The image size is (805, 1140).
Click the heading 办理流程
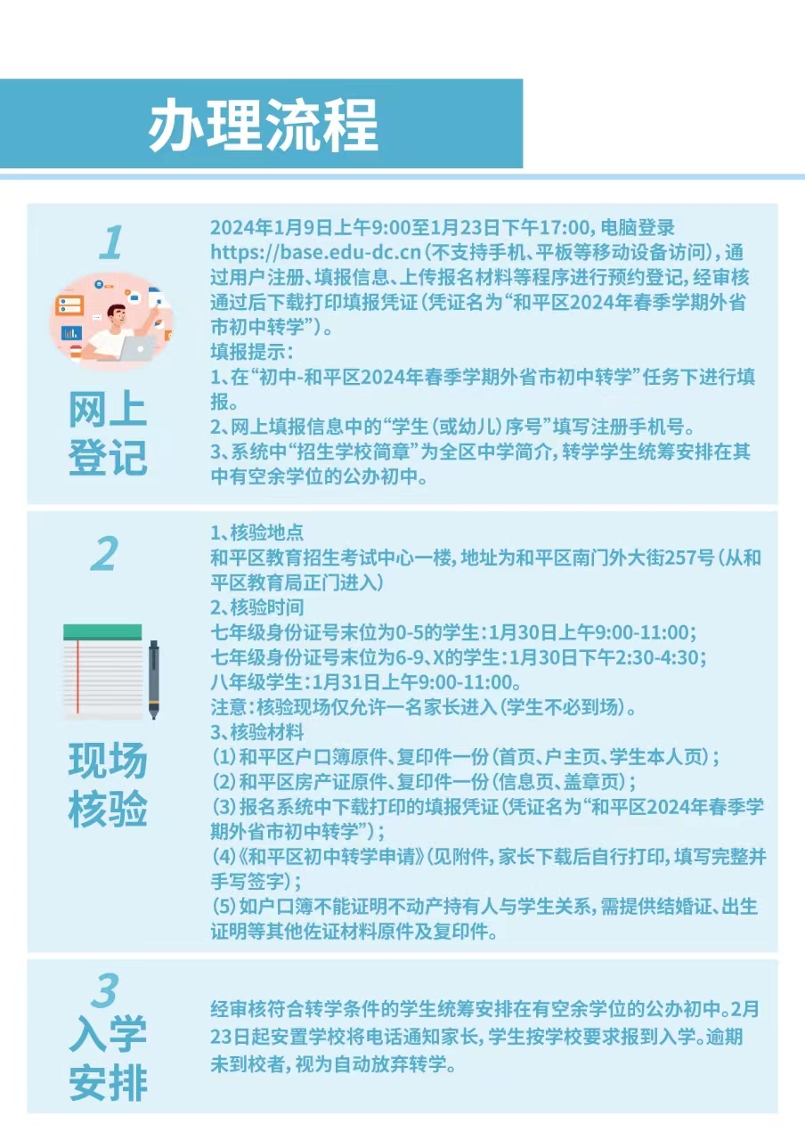263,126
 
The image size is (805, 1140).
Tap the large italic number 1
111,242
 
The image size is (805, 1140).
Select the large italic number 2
104,553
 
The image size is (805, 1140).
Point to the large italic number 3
105,989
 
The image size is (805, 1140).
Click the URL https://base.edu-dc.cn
315,252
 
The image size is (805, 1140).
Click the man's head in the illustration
117,315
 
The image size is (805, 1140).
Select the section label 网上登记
108,434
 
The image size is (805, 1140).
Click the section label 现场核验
108,785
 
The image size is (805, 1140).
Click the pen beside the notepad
154,680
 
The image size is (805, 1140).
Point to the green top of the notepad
102,632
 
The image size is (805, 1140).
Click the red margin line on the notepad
77,677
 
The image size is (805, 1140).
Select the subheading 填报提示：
252,352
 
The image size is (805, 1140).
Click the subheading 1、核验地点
257,533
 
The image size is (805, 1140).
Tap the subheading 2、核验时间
257,607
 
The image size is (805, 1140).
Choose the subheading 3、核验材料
257,733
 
